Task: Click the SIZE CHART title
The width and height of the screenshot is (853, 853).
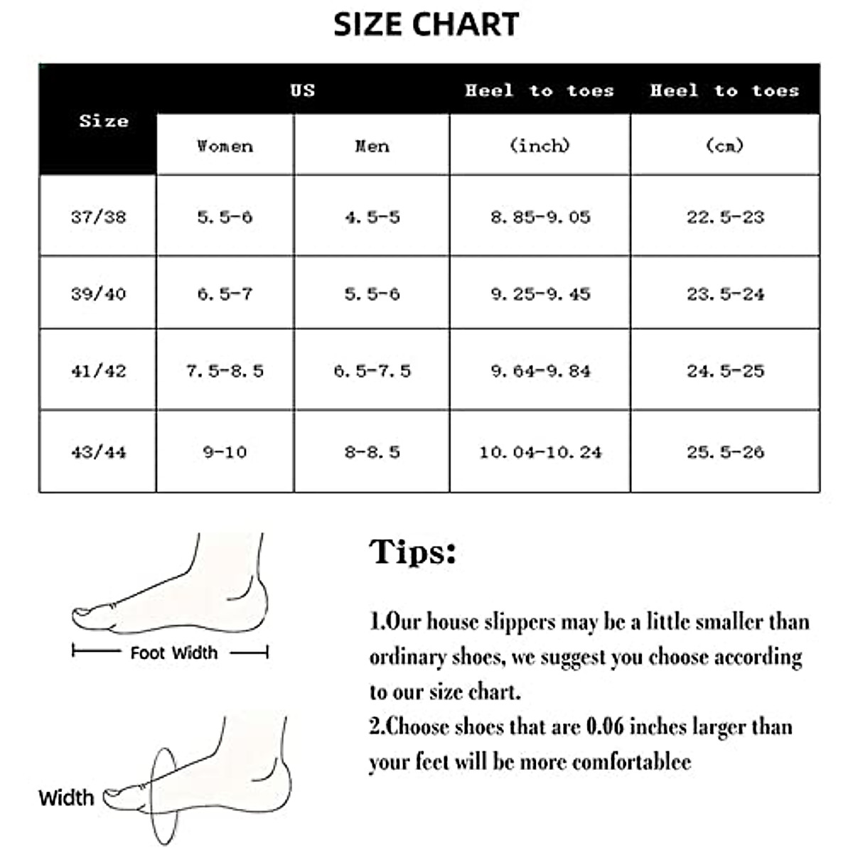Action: click(x=426, y=24)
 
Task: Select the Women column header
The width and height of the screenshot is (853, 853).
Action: click(x=225, y=146)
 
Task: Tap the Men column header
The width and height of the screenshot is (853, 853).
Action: click(x=372, y=146)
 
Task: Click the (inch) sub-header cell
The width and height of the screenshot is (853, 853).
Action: click(x=540, y=146)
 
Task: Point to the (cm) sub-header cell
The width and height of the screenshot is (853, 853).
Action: click(x=724, y=146)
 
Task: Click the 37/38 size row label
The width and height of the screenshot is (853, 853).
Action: click(x=98, y=216)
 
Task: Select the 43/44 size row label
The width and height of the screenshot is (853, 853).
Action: click(x=98, y=452)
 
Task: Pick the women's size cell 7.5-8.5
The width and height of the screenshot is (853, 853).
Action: click(x=225, y=371)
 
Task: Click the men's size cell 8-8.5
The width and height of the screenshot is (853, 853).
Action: click(x=372, y=452)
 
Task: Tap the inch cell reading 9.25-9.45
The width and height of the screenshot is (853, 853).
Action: click(x=540, y=294)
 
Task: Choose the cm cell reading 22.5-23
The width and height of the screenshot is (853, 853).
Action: click(x=725, y=217)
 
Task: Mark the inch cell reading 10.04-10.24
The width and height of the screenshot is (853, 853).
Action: click(x=540, y=452)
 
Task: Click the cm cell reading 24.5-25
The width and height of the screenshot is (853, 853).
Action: click(x=725, y=371)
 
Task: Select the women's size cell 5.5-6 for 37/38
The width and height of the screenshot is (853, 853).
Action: click(x=225, y=217)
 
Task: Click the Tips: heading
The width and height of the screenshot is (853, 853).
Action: click(x=412, y=552)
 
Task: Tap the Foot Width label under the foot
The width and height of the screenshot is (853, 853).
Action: click(x=173, y=653)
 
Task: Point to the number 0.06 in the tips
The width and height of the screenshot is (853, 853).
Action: click(x=604, y=726)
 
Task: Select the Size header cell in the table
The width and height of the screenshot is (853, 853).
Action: click(x=104, y=121)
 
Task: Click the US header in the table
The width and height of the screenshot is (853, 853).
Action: click(x=302, y=90)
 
